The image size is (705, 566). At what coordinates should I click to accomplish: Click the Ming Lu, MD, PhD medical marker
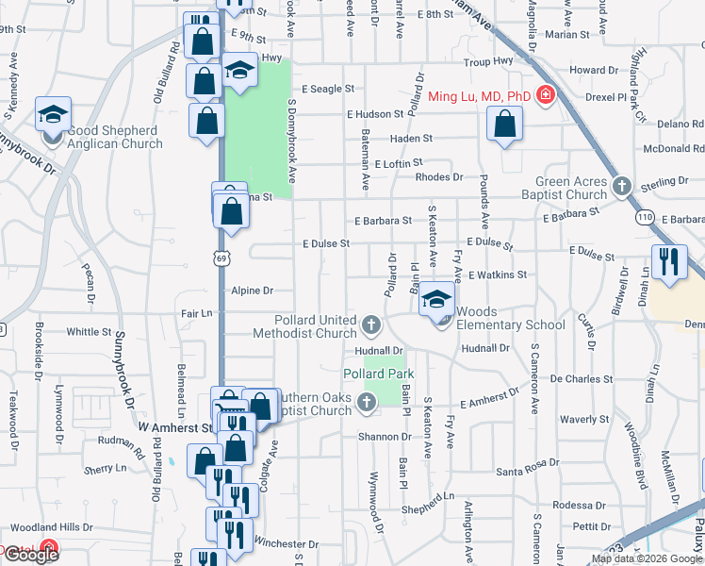pos(545,95)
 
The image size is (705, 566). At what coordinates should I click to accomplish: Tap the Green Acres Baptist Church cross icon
pos(621,186)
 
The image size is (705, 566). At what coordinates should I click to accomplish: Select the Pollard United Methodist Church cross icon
pos(371,327)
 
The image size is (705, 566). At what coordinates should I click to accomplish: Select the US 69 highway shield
pos(221,258)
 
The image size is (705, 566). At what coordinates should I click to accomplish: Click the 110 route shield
pos(645,217)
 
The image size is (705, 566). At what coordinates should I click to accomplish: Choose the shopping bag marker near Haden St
pos(505,124)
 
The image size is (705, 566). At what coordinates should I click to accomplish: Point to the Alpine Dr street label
pos(252,291)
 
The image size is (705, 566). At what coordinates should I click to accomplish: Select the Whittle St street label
pos(90,332)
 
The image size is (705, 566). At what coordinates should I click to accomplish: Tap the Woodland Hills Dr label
pos(51,528)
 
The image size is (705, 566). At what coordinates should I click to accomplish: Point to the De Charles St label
pos(582,379)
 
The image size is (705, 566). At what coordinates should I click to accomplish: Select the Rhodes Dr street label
pos(439,176)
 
